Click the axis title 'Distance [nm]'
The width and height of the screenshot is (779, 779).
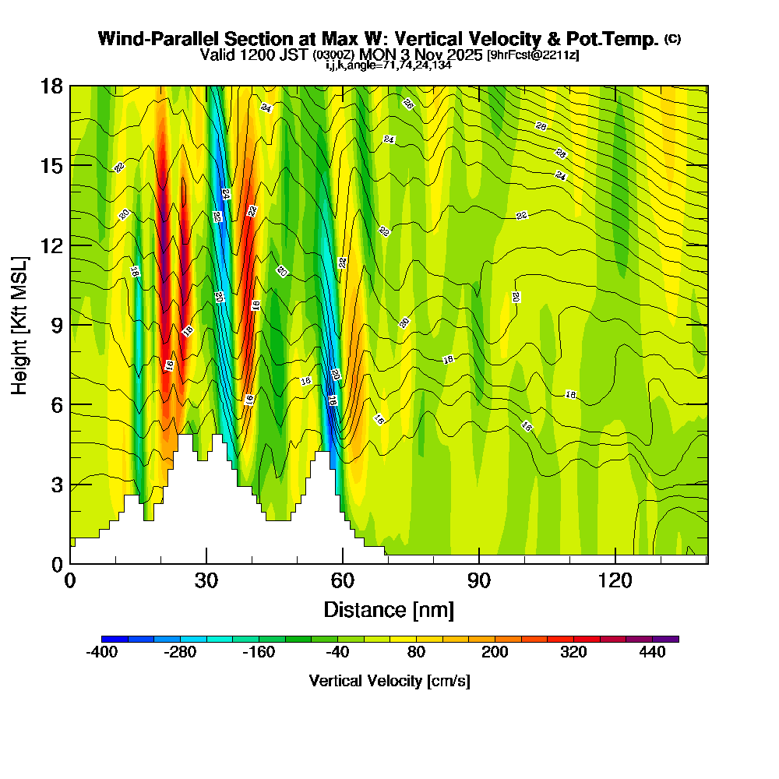pos(389,609)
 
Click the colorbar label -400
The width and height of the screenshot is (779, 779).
pos(102,653)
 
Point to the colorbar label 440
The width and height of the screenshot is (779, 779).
pos(653,653)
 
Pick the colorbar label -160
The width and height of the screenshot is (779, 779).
pos(259,653)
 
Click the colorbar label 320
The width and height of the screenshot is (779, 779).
pos(574,653)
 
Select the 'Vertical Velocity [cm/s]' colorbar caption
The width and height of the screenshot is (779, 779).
pos(389,681)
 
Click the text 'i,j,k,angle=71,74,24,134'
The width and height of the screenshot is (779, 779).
pos(389,65)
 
